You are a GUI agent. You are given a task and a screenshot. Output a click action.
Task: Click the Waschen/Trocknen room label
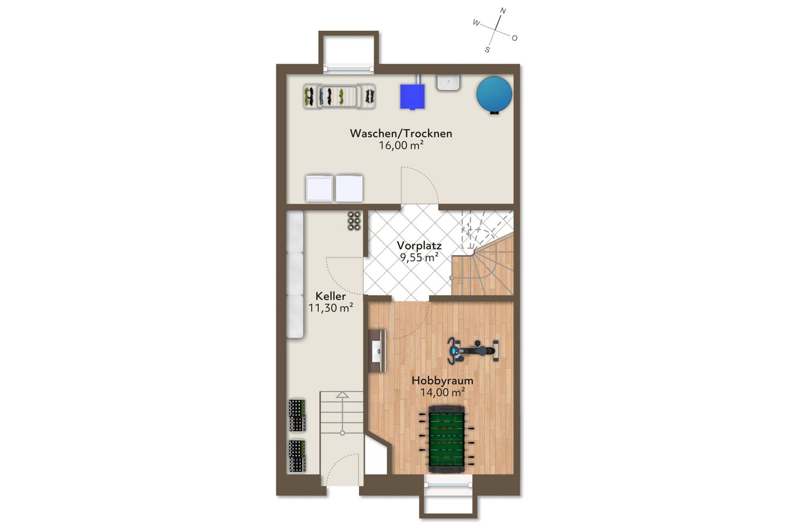[x=401, y=133]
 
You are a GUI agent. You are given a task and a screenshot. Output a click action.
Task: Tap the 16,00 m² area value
[x=401, y=145]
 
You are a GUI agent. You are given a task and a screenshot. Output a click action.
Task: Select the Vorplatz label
[x=419, y=245]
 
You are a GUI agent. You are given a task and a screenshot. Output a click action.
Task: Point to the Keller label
[x=330, y=296]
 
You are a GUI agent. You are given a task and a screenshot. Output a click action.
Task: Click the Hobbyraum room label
[x=442, y=380]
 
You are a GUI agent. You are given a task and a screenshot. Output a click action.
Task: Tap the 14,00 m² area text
[x=442, y=392]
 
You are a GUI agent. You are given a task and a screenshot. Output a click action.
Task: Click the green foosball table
[x=446, y=439]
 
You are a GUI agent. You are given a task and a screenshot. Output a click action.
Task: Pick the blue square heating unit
[x=412, y=97]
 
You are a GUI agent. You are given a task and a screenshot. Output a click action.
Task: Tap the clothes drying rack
[x=339, y=97]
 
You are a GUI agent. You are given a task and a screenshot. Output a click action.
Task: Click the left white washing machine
[x=319, y=189]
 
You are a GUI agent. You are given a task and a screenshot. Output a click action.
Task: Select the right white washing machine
[x=349, y=189]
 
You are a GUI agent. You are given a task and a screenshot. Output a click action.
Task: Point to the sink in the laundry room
[x=448, y=83]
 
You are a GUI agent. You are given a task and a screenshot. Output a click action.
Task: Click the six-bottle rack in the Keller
[x=354, y=221]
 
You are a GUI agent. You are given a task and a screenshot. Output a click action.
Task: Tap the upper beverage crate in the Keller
[x=297, y=415]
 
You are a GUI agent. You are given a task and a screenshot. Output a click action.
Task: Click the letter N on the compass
[x=503, y=11]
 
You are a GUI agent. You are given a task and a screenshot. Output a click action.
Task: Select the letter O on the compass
[x=514, y=38]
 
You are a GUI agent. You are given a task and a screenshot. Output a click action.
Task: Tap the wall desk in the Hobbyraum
[x=377, y=351]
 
